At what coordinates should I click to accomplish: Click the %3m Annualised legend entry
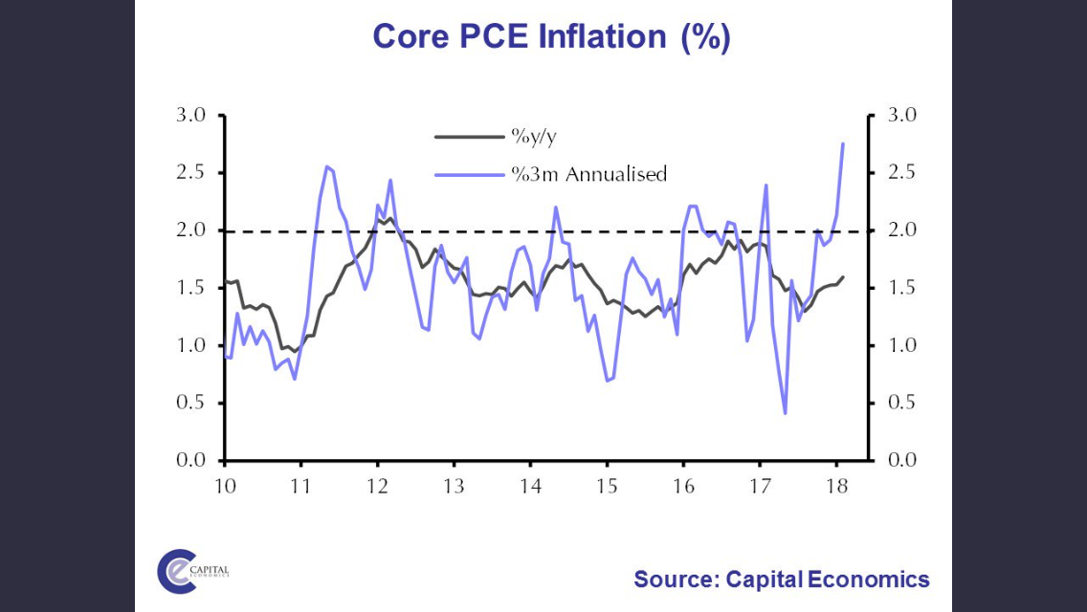point(588,174)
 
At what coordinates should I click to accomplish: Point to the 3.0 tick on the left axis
point(193,116)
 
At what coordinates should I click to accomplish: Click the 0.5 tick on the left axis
point(193,403)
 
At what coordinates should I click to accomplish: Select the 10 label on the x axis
point(225,484)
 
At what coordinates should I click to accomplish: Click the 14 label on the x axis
point(530,484)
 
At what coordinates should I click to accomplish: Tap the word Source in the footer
point(675,579)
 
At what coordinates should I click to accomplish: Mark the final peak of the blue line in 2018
point(843,143)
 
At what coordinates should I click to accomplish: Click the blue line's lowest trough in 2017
point(785,413)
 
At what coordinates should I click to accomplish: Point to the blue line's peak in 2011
point(326,166)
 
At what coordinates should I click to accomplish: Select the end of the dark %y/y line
point(843,277)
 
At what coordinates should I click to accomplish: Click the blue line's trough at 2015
point(608,381)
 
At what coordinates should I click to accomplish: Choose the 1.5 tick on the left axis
point(193,288)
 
